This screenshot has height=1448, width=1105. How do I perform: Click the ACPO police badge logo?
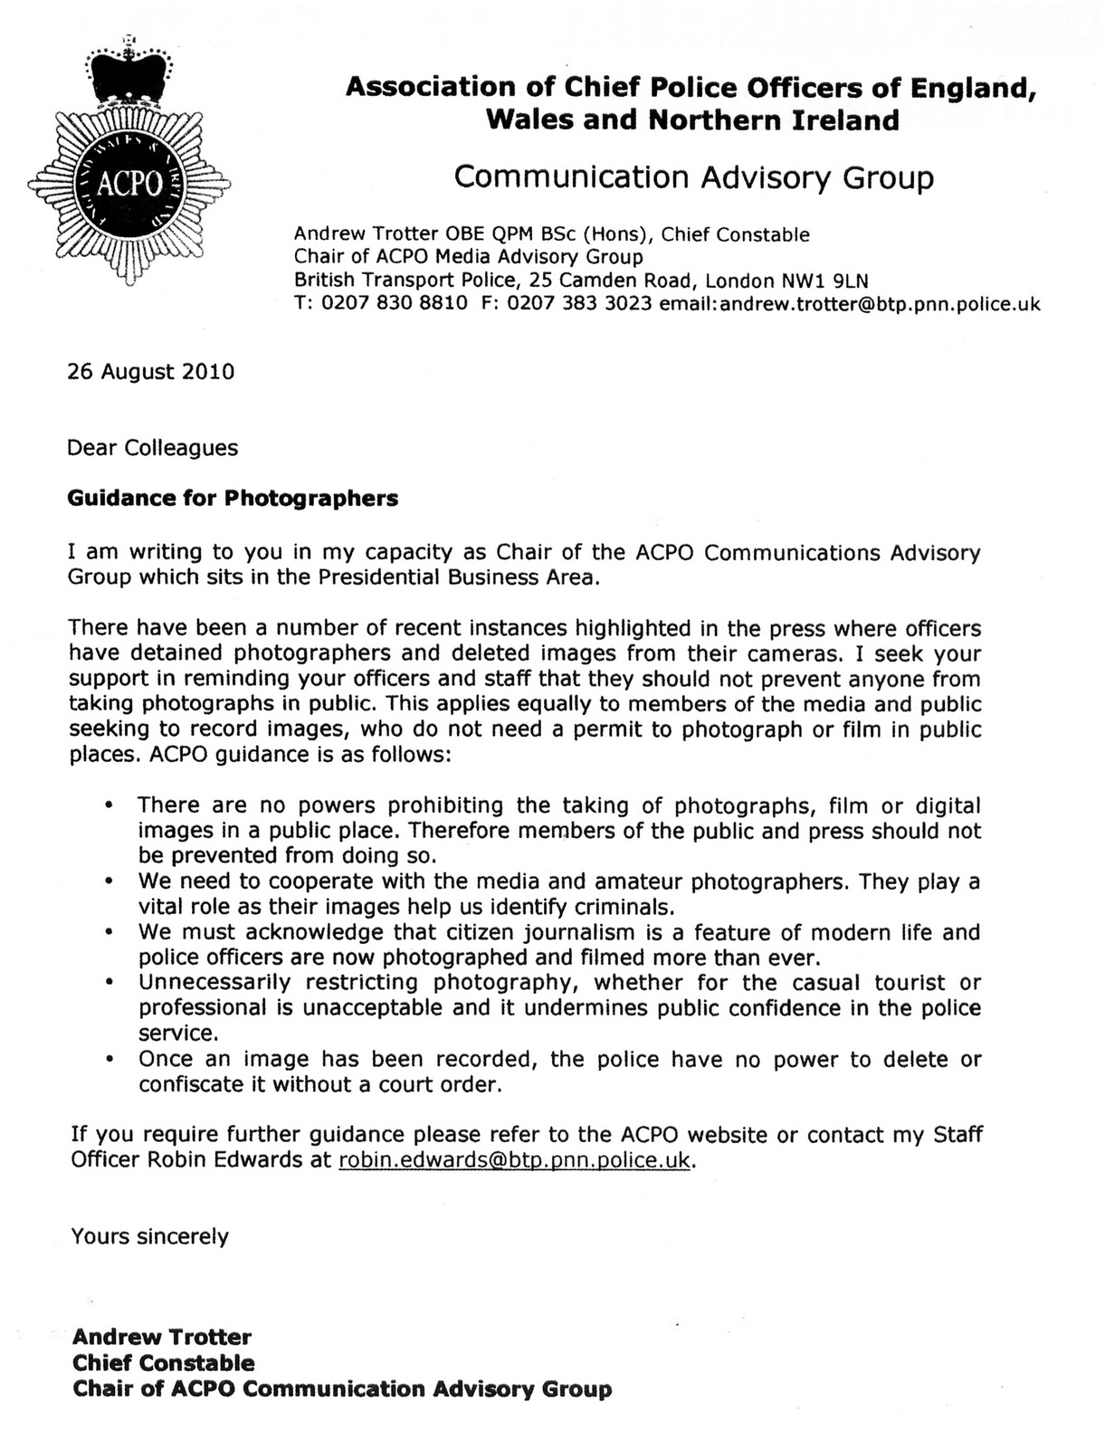click(129, 181)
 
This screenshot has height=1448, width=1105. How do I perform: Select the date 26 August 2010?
click(151, 372)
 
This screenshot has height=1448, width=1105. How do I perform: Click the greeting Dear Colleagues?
click(153, 448)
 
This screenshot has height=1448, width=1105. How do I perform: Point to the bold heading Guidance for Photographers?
click(233, 498)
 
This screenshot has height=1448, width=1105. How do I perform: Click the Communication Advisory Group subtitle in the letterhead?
click(693, 176)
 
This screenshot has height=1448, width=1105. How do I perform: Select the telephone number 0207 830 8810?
click(395, 304)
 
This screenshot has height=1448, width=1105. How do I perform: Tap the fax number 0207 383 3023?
click(579, 304)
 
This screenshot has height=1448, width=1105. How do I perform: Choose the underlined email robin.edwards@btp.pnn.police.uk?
click(514, 1160)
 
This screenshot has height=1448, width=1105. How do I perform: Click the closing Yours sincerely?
click(150, 1236)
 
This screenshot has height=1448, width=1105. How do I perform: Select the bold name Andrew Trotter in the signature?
click(162, 1337)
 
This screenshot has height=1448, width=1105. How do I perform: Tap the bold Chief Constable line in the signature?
click(164, 1363)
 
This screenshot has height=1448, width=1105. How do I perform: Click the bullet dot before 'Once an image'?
click(110, 1059)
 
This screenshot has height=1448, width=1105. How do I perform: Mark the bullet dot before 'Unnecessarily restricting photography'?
click(110, 983)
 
